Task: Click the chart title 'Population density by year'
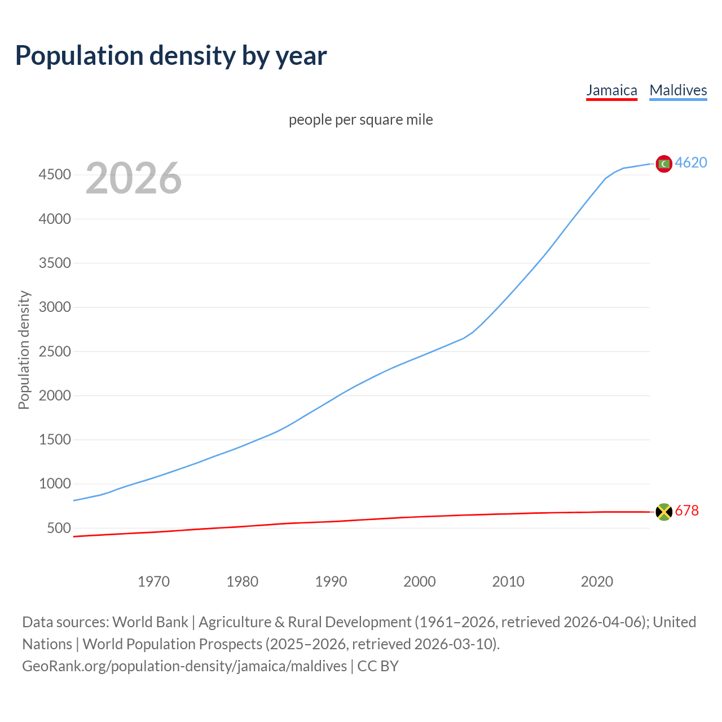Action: pyautogui.click(x=171, y=56)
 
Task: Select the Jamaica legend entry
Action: pyautogui.click(x=611, y=90)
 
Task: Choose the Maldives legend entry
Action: pyautogui.click(x=678, y=90)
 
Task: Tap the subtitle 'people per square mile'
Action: pyautogui.click(x=360, y=120)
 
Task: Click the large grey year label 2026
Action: pyautogui.click(x=134, y=178)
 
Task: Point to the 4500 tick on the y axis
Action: pyautogui.click(x=55, y=175)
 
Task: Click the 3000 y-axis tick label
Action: pyautogui.click(x=55, y=307)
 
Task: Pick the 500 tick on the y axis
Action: pyautogui.click(x=59, y=529)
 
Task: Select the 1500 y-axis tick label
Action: pyautogui.click(x=55, y=440)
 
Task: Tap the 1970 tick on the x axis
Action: pyautogui.click(x=153, y=582)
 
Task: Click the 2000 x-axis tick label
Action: pyautogui.click(x=419, y=582)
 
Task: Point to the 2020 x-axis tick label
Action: pyautogui.click(x=597, y=582)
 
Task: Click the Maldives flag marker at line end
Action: pyautogui.click(x=664, y=164)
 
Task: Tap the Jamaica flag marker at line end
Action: pyautogui.click(x=664, y=512)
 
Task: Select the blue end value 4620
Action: pyautogui.click(x=691, y=163)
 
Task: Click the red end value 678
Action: pyautogui.click(x=686, y=511)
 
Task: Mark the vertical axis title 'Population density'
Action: pyautogui.click(x=24, y=350)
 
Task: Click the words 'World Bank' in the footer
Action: pyautogui.click(x=150, y=622)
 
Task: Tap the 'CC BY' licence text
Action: pyautogui.click(x=378, y=666)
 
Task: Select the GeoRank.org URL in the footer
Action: pyautogui.click(x=184, y=666)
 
